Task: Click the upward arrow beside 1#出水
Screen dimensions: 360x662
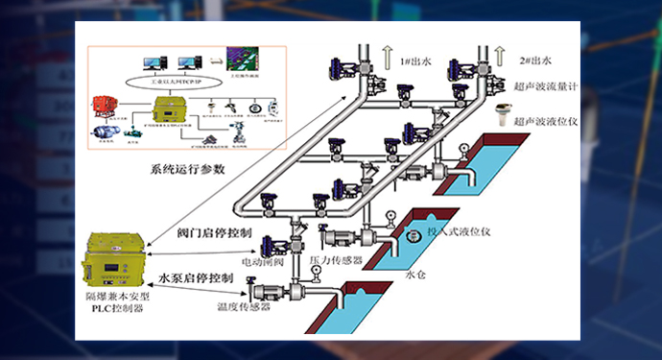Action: tap(389, 58)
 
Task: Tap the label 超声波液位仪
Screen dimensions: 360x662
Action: tap(544, 122)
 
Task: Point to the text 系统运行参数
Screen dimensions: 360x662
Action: tap(187, 170)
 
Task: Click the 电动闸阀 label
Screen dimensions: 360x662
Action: tap(261, 260)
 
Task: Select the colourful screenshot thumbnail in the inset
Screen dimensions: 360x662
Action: tap(239, 59)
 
